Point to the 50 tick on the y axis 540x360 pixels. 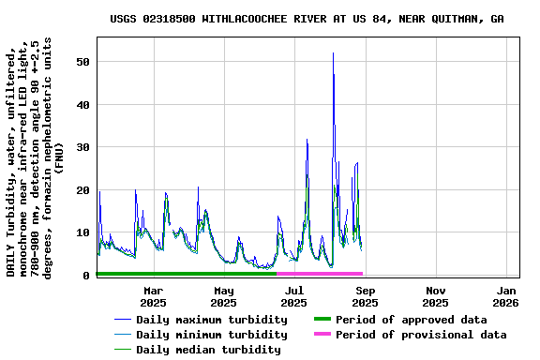[x=84, y=62]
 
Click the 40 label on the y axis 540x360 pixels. [x=84, y=105]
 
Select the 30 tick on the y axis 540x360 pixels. [x=84, y=147]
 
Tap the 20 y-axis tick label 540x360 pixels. [x=84, y=190]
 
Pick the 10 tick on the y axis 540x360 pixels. [x=84, y=232]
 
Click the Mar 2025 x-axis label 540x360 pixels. [x=153, y=296]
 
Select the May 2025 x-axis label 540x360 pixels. [x=223, y=296]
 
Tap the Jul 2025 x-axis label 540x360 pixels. [x=293, y=296]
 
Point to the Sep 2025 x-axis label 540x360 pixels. [x=365, y=296]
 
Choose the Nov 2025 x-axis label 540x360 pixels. [x=435, y=296]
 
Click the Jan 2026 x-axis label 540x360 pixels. [x=506, y=296]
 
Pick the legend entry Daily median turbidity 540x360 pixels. [x=207, y=350]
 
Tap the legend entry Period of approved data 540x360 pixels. [x=412, y=320]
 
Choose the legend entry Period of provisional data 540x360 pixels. [x=420, y=335]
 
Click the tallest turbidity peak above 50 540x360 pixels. [x=333, y=54]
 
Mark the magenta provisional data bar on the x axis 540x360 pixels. [x=320, y=274]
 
